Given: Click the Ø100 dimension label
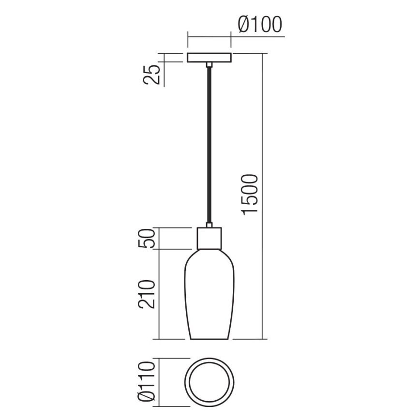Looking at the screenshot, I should pos(259,24).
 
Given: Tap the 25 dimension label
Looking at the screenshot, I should pos(153,74).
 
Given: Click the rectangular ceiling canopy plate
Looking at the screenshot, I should pos(209,57).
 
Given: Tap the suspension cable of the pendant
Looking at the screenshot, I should pos(209,145).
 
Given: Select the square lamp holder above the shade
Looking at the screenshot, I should pos(210,238).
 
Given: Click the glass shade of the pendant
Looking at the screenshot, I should pos(210,295).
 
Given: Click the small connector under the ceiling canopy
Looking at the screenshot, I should pos(209,64).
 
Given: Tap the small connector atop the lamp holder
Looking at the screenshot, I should pos(209,225).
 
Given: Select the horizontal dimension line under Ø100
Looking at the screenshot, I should pos(210,36).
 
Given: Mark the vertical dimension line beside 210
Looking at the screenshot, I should pos(160,294).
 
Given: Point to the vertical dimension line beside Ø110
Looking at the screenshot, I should pos(160,380).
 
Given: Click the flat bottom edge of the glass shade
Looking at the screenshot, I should pos(210,339).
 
